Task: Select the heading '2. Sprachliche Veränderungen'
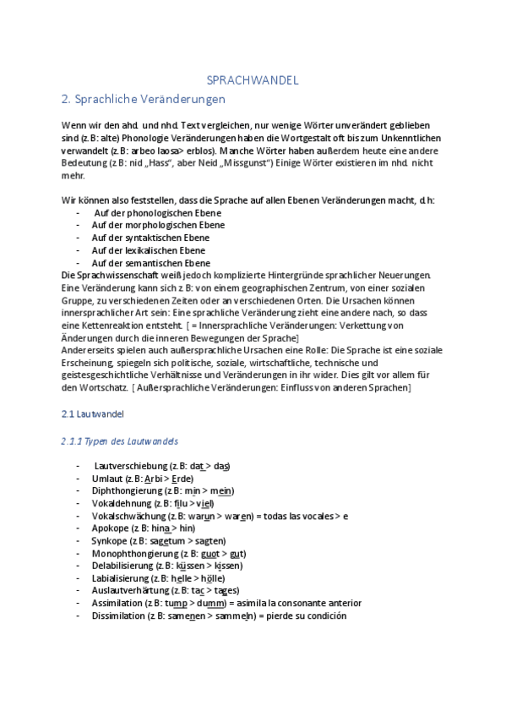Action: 144,99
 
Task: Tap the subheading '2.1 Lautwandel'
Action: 93,415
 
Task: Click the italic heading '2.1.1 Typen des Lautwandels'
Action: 119,442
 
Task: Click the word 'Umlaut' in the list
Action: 107,479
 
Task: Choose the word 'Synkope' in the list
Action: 109,540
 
